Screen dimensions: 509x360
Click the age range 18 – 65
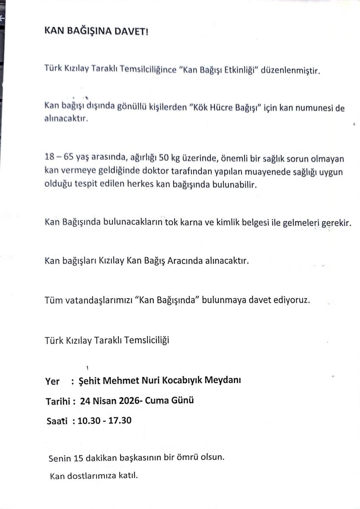pyautogui.click(x=61, y=158)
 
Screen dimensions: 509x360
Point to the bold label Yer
pyautogui.click(x=52, y=381)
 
